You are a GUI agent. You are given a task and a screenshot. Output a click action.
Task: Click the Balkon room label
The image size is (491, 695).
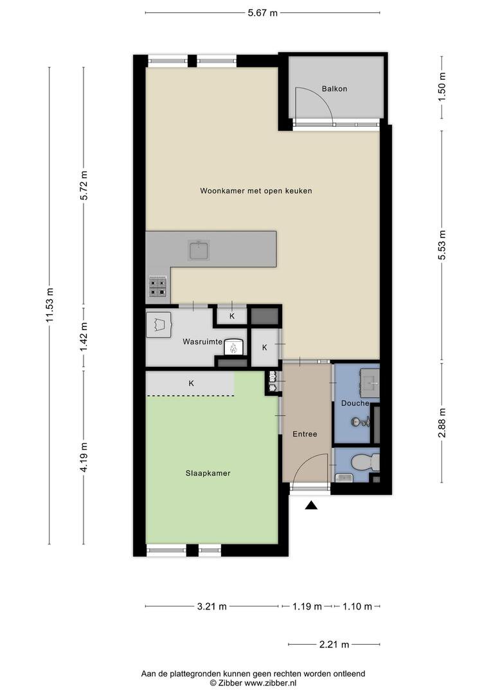pos(334,89)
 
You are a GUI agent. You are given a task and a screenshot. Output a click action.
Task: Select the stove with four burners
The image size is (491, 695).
pos(158,286)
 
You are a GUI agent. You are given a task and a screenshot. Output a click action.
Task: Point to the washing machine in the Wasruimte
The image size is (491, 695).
pos(159,324)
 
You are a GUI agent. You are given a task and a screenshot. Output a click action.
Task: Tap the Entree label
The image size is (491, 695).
pos(304,434)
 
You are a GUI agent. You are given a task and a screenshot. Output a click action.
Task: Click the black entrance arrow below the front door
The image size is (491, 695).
pos(311,506)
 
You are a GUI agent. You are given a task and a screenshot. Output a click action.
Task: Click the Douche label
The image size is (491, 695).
pos(355,403)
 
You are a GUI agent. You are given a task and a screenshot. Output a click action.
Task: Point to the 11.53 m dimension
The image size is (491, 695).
pos(50,306)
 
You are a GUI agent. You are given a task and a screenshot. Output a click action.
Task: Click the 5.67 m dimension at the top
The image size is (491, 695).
pos(262,12)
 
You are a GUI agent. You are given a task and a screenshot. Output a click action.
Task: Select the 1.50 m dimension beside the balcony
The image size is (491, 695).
pos(442,86)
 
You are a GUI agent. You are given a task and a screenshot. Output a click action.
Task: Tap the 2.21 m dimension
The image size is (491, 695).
pos(335,644)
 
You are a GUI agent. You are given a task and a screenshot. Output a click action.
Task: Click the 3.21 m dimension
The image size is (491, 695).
pos(212,606)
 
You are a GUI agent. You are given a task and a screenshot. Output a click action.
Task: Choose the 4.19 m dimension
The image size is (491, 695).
pos(84,457)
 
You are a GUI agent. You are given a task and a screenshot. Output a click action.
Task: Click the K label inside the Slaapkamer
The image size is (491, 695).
pos(191,384)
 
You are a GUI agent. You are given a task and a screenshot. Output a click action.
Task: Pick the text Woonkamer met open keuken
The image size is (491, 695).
pos(256,191)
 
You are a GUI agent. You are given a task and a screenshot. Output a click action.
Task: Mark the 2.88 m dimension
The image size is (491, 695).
pos(442,422)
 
